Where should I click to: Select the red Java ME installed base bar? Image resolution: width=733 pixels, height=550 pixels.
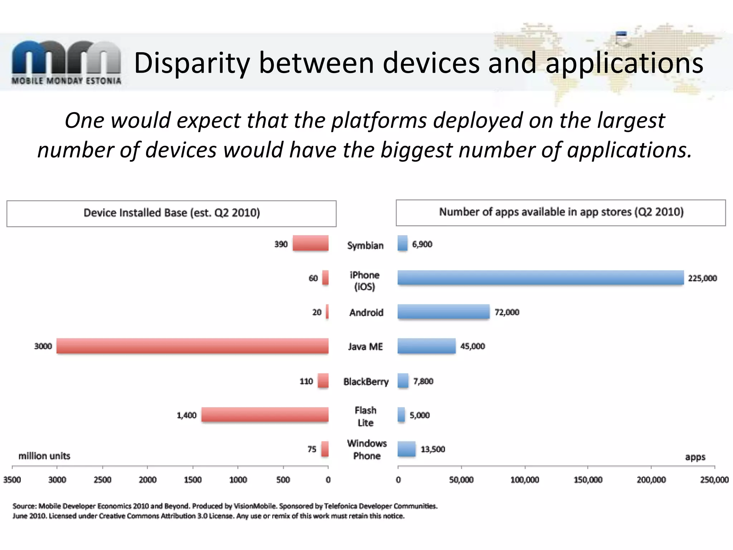tap(193, 346)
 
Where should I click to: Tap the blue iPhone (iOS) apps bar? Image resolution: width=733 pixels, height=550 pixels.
tap(540, 278)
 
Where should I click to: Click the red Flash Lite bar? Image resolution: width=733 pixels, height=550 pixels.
tap(265, 415)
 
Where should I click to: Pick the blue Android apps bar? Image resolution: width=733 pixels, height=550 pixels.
tap(443, 312)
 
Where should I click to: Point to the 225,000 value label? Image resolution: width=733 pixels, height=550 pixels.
tap(702, 278)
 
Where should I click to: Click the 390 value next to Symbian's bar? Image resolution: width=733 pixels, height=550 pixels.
tap(281, 244)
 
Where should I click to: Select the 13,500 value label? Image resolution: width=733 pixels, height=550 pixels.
tap(433, 449)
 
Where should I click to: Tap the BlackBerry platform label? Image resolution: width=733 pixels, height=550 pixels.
tap(366, 382)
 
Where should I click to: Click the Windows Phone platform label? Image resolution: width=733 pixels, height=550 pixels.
tap(367, 449)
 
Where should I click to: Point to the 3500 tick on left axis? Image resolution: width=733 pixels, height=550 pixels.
tap(12, 479)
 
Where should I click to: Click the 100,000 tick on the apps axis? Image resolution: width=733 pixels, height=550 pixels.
tap(525, 479)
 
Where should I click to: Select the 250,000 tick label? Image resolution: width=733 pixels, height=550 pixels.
tap(714, 479)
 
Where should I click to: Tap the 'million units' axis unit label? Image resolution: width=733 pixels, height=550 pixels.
tap(44, 456)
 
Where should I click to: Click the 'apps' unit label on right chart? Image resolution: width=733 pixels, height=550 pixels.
tap(695, 457)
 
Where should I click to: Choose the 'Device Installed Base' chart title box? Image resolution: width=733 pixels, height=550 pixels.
tap(171, 213)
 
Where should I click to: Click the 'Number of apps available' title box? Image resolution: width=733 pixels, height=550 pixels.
tap(561, 212)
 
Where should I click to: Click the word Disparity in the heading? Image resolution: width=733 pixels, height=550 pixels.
tap(191, 63)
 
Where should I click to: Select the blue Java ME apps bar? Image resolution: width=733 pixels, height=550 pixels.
tap(427, 346)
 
